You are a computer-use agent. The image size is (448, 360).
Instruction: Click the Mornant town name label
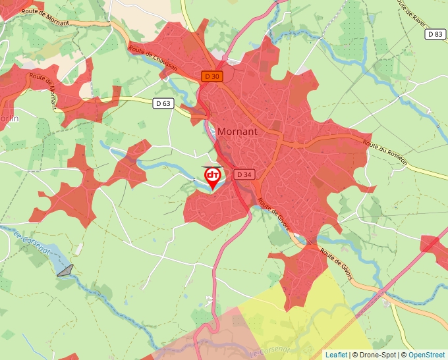coord(237,131)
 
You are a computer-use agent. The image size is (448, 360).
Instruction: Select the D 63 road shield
coord(163,103)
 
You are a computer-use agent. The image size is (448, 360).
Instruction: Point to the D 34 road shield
coord(244,174)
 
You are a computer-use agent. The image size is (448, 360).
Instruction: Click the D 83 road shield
coord(435,34)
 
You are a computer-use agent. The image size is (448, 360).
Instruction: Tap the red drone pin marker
coord(213,177)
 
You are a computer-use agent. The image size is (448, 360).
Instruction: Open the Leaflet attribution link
coord(336,355)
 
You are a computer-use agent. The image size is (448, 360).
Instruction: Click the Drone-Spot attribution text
coord(374,355)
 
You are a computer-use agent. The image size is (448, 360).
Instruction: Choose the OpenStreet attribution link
coord(428,355)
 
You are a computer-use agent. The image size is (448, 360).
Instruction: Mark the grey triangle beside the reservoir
coord(65,270)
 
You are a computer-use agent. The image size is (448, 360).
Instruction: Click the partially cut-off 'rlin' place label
coord(9,118)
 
